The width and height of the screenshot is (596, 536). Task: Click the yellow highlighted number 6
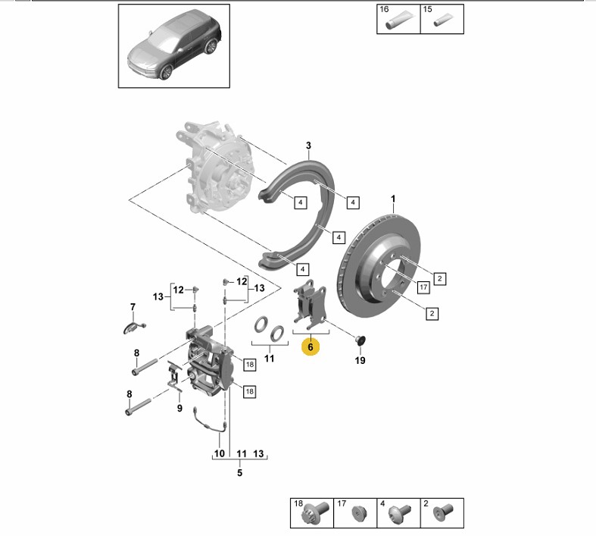click(310, 347)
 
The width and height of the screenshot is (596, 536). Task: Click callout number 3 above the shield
click(308, 146)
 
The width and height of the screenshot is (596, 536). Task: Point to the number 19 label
click(360, 360)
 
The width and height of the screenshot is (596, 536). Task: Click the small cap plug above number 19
click(359, 338)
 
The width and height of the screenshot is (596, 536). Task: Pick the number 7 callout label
click(133, 307)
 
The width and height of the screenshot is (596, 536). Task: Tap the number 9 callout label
click(179, 409)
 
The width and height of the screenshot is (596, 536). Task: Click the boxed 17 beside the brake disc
click(423, 287)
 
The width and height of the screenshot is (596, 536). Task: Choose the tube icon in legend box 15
click(441, 23)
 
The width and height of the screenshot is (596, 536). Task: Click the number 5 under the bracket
click(239, 473)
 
